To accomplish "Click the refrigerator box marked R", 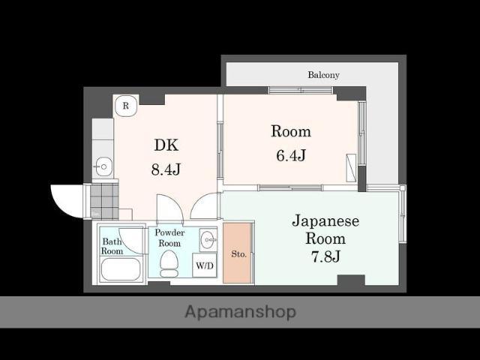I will pos(126,106).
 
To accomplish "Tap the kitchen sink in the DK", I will pos(103,166).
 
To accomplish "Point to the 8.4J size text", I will pos(166,169).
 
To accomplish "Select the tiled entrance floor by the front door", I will pos(103,200).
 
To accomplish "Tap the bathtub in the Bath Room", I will pos(121,268).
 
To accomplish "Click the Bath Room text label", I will pos(112,246).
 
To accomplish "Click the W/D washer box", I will pos(204,265).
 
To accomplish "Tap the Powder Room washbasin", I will pos(207,241).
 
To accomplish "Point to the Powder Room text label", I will pos(169,238).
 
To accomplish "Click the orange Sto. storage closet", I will pos(238,253).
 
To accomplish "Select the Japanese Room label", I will pos(325,229).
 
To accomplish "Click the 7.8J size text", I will pos(325,257).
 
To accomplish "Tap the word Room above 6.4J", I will pos(290,132).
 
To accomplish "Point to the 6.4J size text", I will pos(290,156).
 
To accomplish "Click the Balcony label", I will pos(323,75).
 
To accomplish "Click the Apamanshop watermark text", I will pos(240,311).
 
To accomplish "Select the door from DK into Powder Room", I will pos(169,209).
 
